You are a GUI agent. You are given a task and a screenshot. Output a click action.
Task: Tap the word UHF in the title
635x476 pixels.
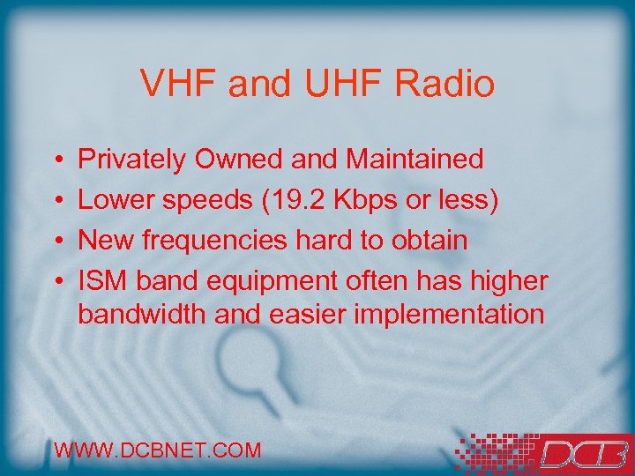tap(334, 85)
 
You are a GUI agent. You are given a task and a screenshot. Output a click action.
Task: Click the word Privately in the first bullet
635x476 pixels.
tap(132, 160)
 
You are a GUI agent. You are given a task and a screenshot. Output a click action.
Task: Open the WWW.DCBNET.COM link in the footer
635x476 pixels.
tap(158, 450)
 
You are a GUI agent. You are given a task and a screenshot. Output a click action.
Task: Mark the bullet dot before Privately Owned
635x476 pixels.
tap(56, 161)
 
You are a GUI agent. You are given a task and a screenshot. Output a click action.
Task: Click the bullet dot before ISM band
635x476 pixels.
tap(56, 282)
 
